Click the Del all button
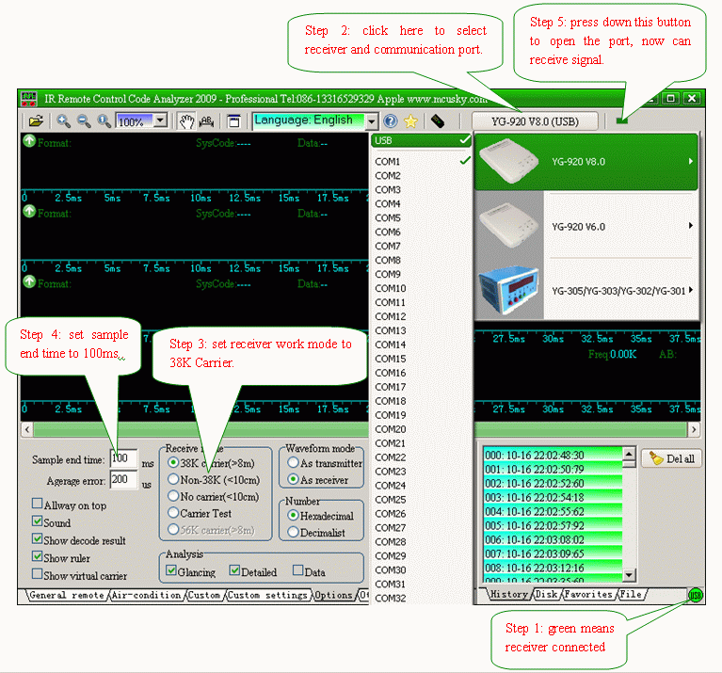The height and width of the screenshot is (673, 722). pos(672,458)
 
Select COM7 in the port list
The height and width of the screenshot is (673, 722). pos(388,247)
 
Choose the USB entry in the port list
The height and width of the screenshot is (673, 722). pos(383,141)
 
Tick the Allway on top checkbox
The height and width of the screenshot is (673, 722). pos(38,505)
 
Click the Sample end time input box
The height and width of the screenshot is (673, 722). pos(123,458)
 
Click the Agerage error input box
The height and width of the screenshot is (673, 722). pos(123,479)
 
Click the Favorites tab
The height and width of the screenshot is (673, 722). pos(588,595)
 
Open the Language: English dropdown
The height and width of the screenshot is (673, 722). pos(314,120)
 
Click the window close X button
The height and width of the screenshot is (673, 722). pos(691,98)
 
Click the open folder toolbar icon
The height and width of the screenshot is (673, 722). pos(36,120)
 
